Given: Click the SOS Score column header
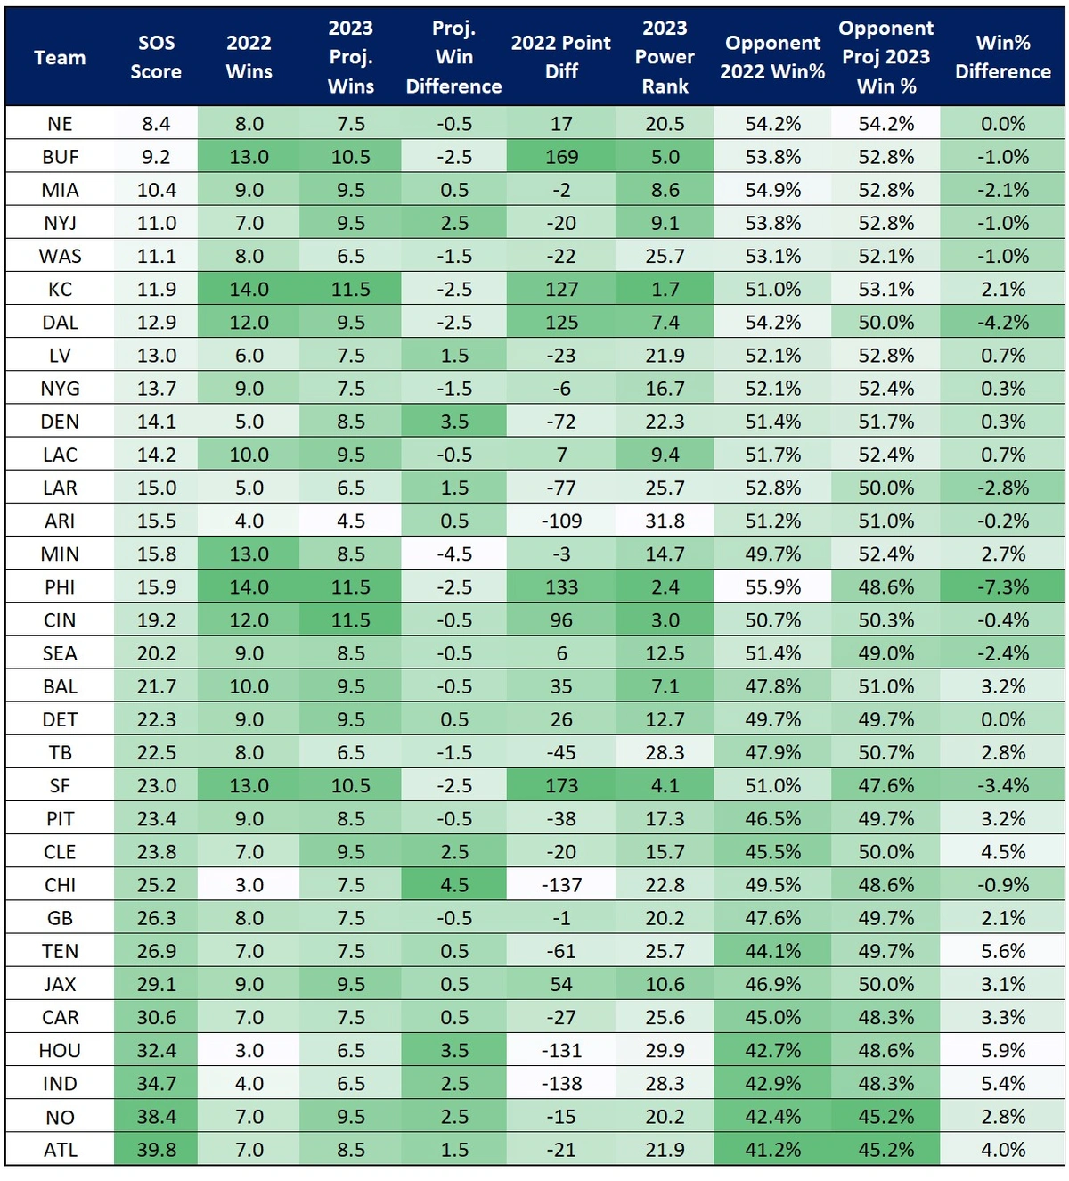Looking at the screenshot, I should tap(156, 57).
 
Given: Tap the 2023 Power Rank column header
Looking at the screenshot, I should tap(665, 57).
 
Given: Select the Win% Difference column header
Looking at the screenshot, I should tap(1002, 57).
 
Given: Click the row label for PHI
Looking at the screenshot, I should tap(60, 587).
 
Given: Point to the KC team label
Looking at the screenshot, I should tap(60, 290).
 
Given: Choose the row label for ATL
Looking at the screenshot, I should tap(60, 1150).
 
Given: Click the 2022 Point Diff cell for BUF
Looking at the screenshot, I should tap(561, 157).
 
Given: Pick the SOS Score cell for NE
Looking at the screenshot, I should tap(156, 124).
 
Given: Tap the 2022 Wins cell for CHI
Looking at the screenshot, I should tap(249, 885).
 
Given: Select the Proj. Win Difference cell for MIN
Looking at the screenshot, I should tap(453, 554).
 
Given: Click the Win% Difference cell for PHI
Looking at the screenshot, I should tap(1002, 587).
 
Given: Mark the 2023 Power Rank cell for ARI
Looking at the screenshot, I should tap(665, 521).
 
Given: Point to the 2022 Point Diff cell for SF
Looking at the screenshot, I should tap(561, 786).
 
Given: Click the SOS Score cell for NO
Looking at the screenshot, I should tap(156, 1117).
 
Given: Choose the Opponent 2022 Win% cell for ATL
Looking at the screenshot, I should tap(772, 1150).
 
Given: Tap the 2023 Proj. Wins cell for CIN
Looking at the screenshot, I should tap(351, 620).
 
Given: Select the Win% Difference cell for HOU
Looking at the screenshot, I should tap(1002, 1051).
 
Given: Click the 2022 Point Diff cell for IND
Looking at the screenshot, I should tap(561, 1084).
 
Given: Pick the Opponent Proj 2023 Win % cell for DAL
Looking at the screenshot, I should tap(885, 323).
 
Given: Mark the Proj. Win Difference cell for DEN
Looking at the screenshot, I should tap(453, 422).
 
